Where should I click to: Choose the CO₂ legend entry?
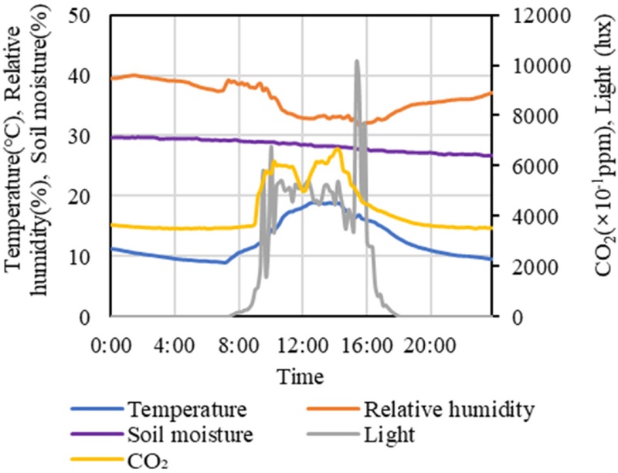click(x=148, y=461)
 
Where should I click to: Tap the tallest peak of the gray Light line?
click(x=356, y=61)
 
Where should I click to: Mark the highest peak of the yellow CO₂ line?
click(x=338, y=148)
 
